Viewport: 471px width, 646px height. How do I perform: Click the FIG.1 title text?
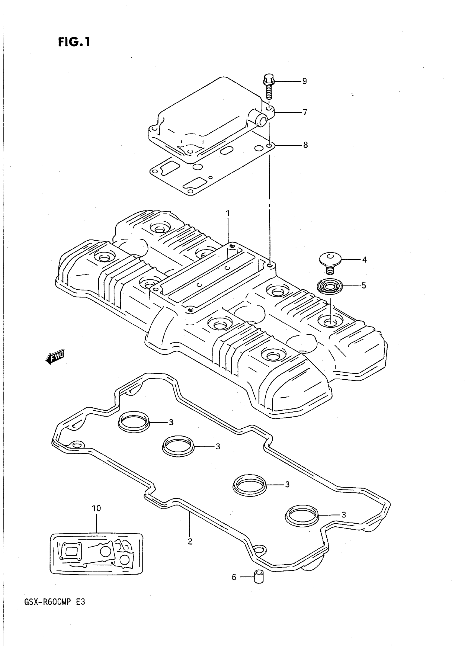click(74, 42)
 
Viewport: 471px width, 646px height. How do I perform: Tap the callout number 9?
click(304, 81)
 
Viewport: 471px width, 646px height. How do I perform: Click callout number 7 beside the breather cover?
click(305, 112)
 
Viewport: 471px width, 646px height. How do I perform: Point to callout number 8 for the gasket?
click(305, 145)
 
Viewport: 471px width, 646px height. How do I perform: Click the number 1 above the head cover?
click(228, 213)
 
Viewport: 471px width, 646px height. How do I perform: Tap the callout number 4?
click(364, 260)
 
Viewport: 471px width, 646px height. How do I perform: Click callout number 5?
click(364, 285)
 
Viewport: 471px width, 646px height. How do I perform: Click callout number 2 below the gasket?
click(190, 541)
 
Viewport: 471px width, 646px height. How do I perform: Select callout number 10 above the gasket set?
click(96, 508)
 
